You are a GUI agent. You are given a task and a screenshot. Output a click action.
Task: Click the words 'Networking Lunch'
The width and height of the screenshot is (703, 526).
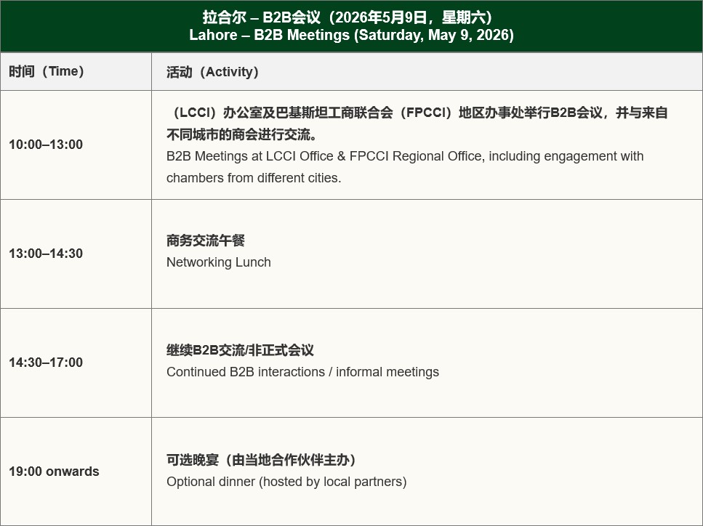click(218, 262)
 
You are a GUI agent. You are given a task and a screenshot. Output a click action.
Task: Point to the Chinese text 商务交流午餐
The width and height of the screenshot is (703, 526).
click(205, 240)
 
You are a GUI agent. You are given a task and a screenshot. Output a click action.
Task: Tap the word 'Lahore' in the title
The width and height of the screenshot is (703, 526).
click(213, 35)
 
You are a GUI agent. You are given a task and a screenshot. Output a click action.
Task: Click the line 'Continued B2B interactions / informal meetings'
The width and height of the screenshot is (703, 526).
click(302, 372)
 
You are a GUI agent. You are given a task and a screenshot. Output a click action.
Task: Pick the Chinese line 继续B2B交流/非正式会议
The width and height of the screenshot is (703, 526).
click(240, 350)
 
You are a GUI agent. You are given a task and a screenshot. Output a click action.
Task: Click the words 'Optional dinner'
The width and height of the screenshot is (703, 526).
click(211, 482)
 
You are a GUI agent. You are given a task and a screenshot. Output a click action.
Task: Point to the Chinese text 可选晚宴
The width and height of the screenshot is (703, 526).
click(193, 460)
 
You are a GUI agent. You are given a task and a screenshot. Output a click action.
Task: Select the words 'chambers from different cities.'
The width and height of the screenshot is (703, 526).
click(254, 178)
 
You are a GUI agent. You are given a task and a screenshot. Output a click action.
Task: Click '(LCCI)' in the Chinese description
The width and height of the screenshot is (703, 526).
click(194, 113)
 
